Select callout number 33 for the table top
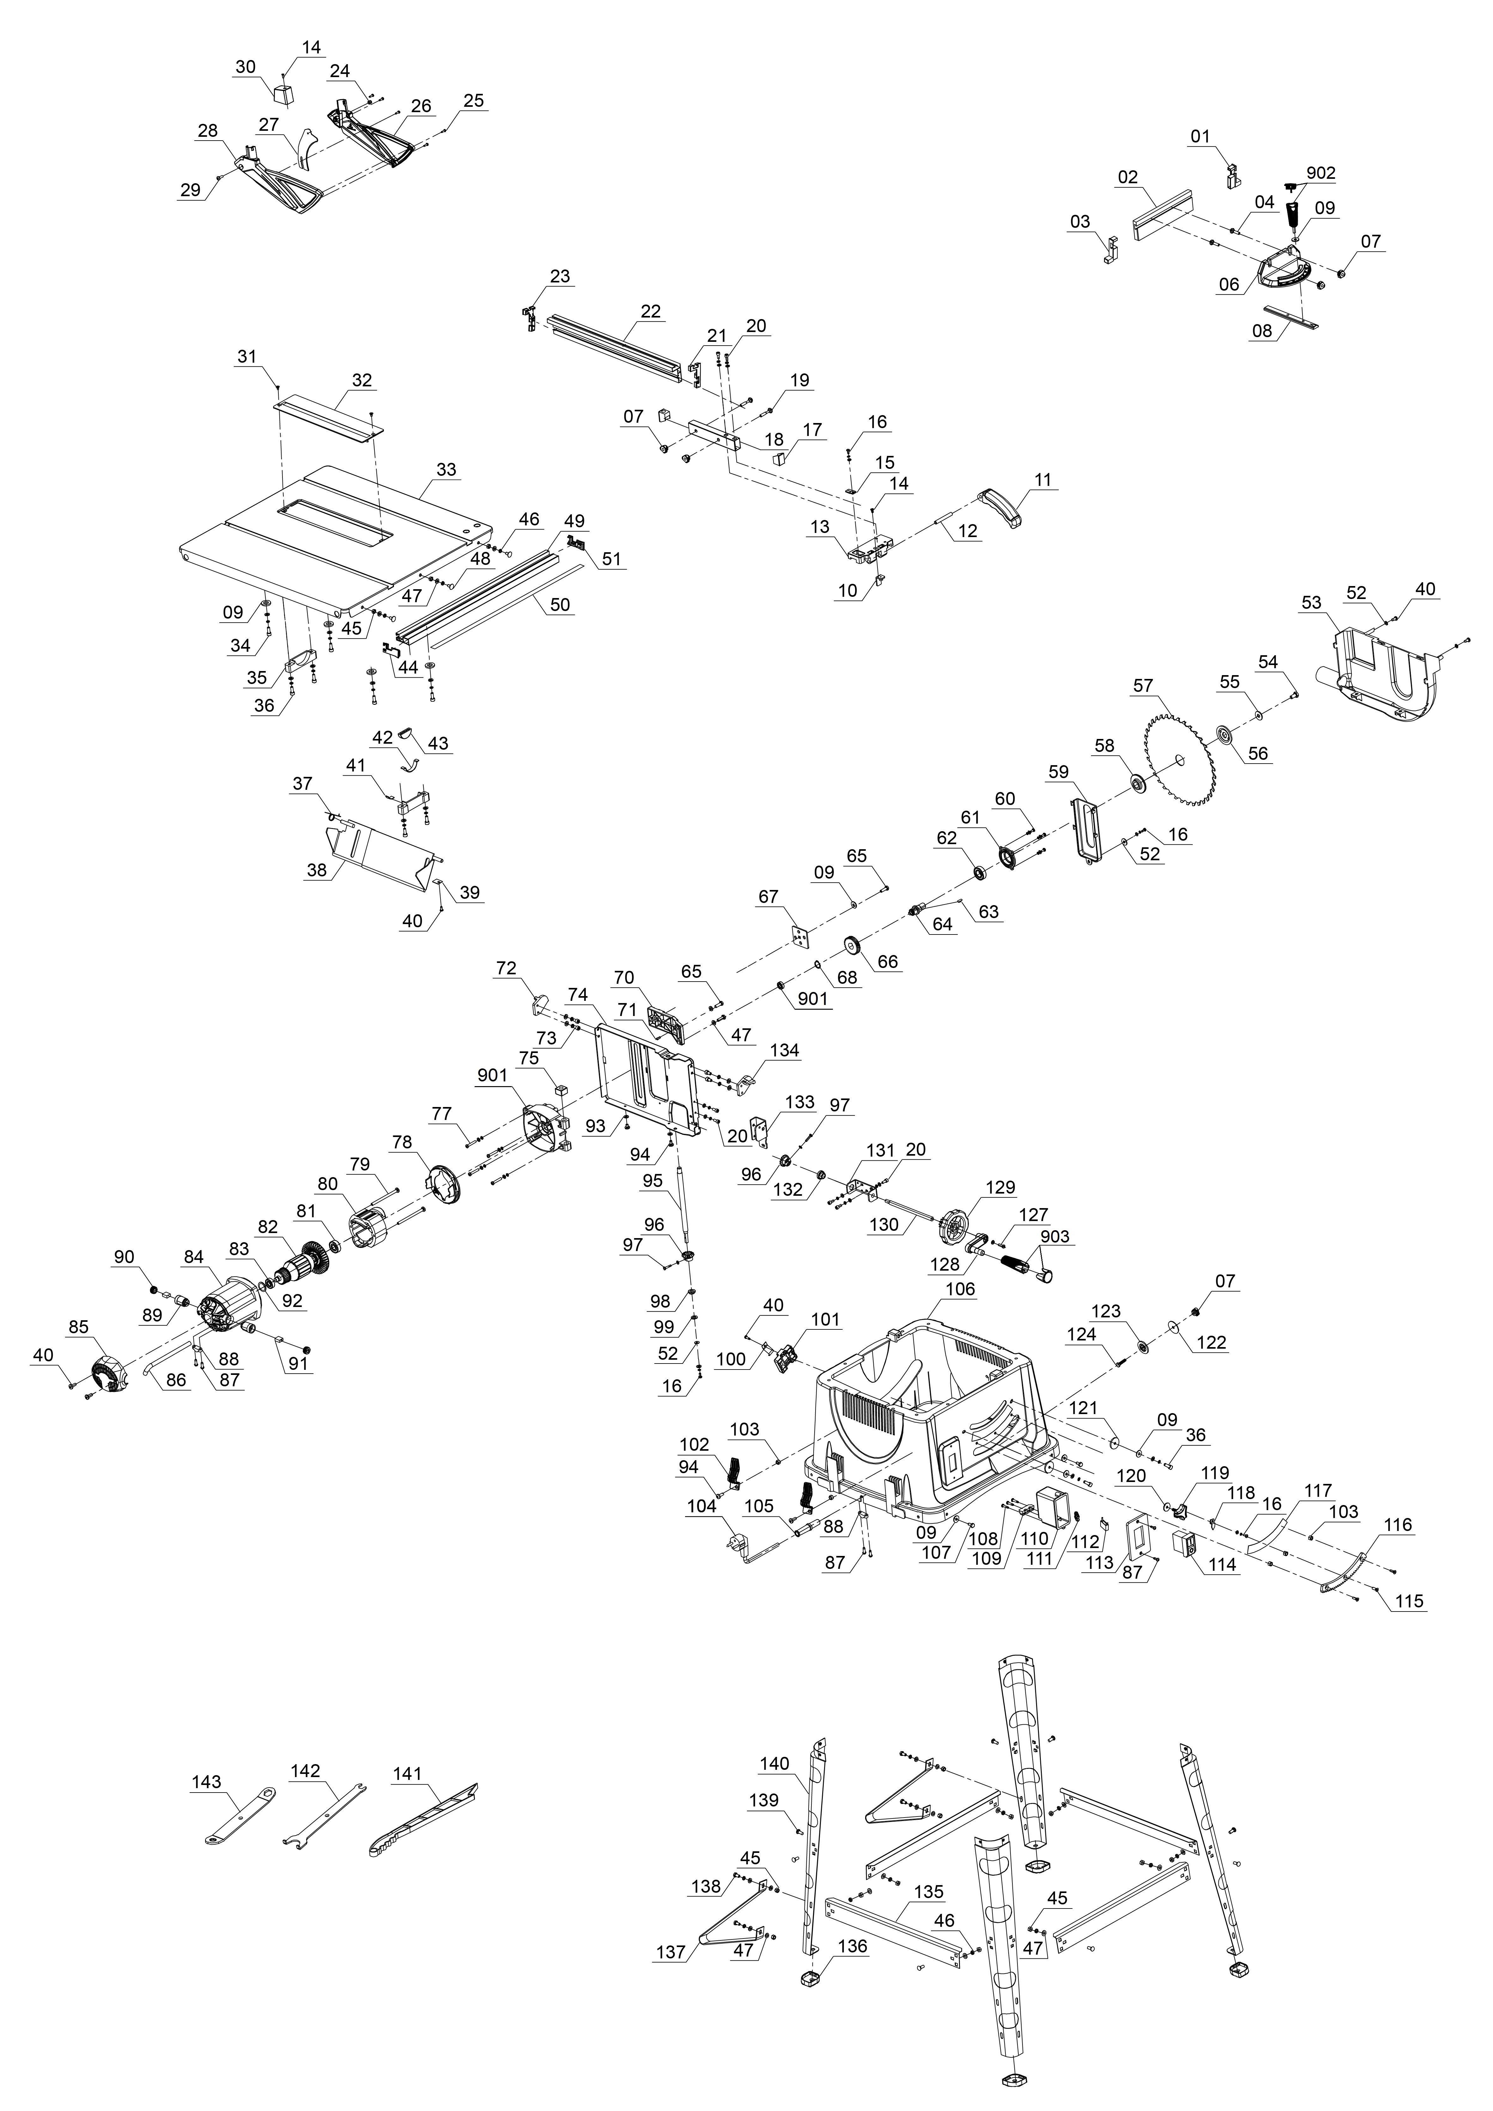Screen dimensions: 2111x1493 pos(446,470)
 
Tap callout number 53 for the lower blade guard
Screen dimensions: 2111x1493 pos(1311,603)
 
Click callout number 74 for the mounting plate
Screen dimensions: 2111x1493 pos(577,995)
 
